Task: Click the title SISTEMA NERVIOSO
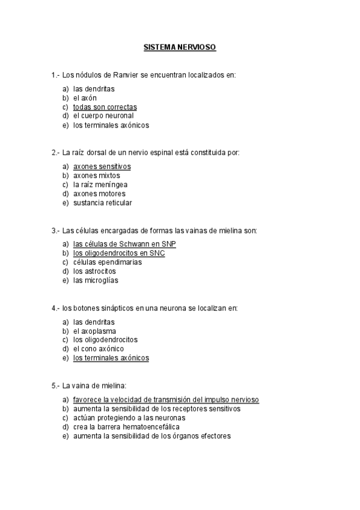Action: coord(180,46)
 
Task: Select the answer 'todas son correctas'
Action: coord(105,107)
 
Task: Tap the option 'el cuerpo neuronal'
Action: coord(103,116)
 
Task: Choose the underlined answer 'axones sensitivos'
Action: coord(102,167)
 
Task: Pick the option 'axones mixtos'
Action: coord(96,176)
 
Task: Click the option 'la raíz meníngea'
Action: coord(100,185)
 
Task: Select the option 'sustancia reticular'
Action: coord(102,203)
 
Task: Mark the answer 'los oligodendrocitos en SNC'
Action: coord(118,253)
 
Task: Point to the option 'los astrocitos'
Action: coord(94,271)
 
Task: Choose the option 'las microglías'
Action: coord(96,280)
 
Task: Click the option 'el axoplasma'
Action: coord(94,331)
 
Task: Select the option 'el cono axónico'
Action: coord(99,349)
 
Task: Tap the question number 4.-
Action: coord(56,309)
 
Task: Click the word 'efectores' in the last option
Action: coord(216,436)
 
